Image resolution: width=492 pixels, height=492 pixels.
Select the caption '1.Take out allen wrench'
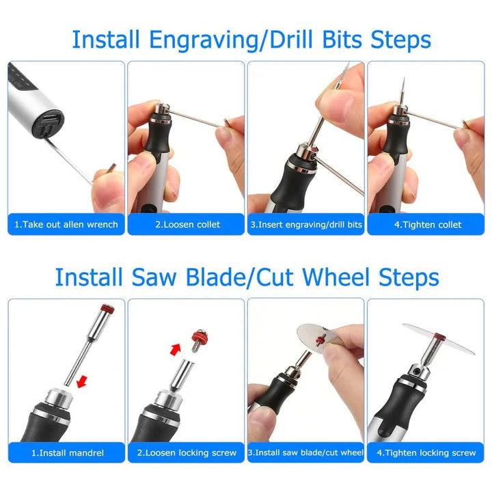[66, 225]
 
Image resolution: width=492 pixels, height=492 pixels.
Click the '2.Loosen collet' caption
[188, 225]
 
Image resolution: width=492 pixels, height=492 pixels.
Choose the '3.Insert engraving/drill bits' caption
[306, 225]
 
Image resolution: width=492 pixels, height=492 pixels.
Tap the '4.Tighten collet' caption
[428, 225]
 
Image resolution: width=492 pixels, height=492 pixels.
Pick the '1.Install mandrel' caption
[68, 453]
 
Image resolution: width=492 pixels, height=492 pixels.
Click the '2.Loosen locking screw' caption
[187, 453]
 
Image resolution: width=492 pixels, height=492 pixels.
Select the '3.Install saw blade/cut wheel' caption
[305, 452]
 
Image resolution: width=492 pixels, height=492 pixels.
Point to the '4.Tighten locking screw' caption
[426, 453]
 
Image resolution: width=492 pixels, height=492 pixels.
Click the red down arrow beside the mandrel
[82, 381]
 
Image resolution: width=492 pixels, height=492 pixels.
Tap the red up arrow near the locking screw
[176, 349]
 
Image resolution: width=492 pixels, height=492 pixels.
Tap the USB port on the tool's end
[49, 120]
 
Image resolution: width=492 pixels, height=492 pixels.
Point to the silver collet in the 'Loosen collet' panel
[161, 110]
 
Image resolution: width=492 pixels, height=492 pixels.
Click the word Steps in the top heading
[400, 40]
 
